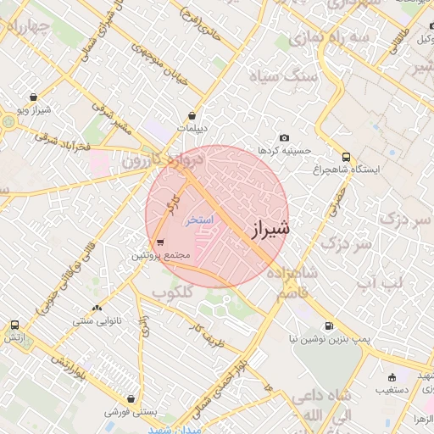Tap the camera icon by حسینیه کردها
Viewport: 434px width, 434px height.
[284, 137]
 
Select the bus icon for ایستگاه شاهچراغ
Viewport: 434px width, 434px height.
[346, 156]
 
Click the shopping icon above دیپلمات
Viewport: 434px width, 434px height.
[193, 115]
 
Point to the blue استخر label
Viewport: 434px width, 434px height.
[200, 219]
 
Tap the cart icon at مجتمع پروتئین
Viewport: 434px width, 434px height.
[160, 242]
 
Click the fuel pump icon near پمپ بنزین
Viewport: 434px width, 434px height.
[328, 325]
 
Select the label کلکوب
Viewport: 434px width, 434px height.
[174, 292]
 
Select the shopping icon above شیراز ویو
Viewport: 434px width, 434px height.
[33, 97]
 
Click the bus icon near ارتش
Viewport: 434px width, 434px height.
[14, 324]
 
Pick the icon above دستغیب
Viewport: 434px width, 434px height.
[391, 377]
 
